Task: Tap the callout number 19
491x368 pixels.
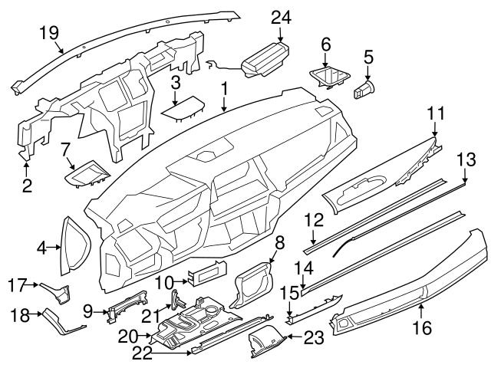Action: click(x=49, y=31)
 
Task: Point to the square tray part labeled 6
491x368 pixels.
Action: click(x=328, y=77)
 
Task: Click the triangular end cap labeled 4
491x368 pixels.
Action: click(x=75, y=245)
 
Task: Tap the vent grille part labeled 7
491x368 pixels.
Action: click(x=87, y=176)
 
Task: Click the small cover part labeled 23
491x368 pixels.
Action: click(x=269, y=338)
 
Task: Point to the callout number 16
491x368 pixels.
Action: click(x=423, y=328)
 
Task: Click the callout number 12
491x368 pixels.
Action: click(x=311, y=220)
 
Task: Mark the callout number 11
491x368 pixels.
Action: click(x=436, y=114)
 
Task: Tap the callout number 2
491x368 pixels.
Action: click(x=26, y=185)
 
